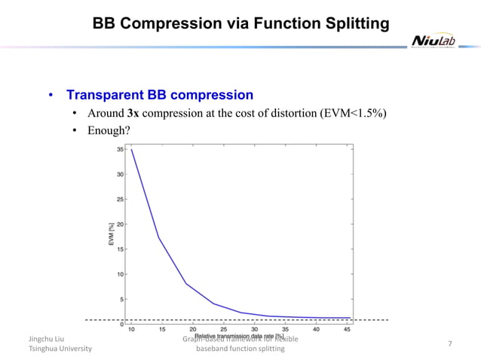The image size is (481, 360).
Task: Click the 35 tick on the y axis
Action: pos(121,149)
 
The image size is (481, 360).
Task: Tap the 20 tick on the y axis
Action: pos(121,224)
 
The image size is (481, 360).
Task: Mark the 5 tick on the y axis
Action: pos(123,299)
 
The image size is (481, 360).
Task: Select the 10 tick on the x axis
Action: pos(131,329)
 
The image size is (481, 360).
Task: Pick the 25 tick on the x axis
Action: pos(224,329)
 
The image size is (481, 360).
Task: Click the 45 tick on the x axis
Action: pos(346,329)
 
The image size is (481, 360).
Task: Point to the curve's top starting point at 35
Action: pos(131,149)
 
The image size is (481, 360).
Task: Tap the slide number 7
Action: pos(449,344)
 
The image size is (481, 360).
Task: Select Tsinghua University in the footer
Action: pos(60,349)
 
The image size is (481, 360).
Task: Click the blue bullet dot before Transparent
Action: pos(51,96)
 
